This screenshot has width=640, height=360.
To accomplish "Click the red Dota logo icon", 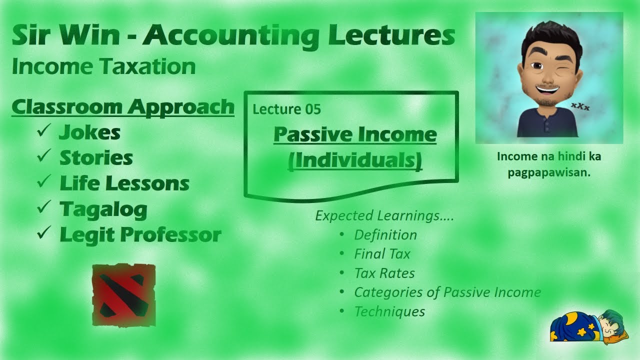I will click(x=124, y=295).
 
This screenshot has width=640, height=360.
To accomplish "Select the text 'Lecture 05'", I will click(x=286, y=109).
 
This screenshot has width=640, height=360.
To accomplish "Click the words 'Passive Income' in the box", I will click(x=355, y=134).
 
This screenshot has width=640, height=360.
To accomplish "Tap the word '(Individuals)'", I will click(x=355, y=161).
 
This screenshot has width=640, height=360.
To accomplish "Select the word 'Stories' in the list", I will click(x=96, y=158).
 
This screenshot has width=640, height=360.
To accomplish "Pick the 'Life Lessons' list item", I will click(x=124, y=183).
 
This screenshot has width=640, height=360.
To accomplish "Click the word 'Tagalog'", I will click(x=103, y=209).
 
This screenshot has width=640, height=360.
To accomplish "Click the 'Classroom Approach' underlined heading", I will click(x=123, y=107).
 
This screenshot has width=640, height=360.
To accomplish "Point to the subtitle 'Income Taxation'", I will click(x=103, y=67).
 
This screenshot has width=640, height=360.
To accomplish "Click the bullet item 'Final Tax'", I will click(x=382, y=254).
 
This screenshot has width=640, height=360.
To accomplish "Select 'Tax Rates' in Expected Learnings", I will click(x=384, y=273).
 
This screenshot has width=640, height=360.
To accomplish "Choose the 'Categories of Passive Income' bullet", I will click(x=447, y=292).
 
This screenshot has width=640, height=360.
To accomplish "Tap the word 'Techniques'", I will click(x=389, y=311).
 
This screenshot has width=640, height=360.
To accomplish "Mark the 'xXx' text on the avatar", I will click(x=580, y=106).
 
